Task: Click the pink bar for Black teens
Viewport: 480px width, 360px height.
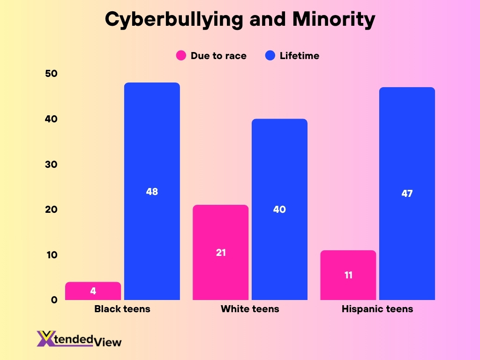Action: tap(93, 291)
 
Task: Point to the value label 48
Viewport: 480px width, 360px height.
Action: tap(152, 191)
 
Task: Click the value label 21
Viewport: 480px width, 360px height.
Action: tap(221, 253)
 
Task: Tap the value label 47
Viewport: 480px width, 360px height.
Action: tap(407, 193)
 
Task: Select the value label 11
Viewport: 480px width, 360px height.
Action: tap(348, 275)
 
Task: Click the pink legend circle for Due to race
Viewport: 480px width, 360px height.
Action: tap(181, 56)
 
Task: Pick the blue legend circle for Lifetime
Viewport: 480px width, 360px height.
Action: tap(270, 56)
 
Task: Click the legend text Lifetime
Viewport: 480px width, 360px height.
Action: tap(299, 56)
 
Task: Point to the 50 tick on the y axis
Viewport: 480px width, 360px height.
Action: tap(51, 74)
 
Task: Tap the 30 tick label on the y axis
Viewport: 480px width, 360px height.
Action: tap(51, 165)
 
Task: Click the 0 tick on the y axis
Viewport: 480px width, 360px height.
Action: tap(54, 300)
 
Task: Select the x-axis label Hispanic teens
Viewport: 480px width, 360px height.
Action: tap(377, 309)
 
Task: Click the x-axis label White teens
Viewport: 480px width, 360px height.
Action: tap(250, 309)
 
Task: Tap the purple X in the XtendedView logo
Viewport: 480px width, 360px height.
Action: tap(46, 339)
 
